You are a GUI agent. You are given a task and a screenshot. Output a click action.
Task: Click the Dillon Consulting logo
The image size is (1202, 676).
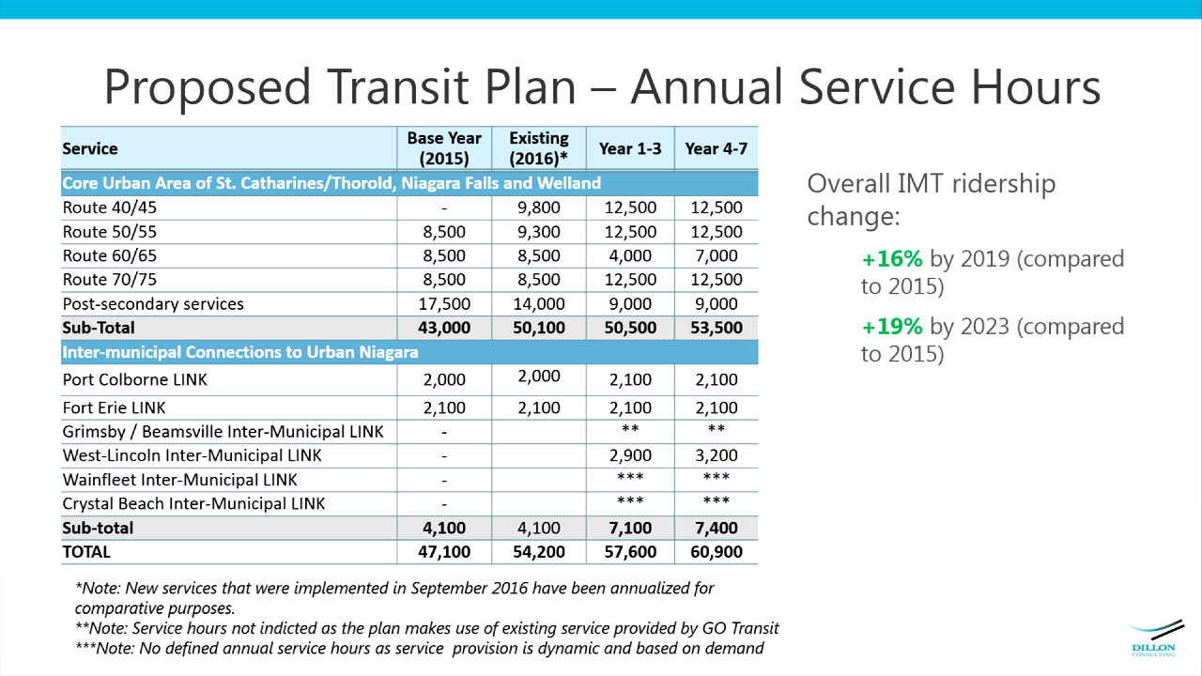(x=1155, y=638)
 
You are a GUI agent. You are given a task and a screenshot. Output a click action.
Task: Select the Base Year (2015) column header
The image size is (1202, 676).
(x=444, y=148)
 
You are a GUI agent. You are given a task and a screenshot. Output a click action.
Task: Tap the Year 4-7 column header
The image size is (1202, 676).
(x=716, y=148)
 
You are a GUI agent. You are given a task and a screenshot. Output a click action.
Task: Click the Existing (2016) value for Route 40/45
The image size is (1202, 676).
(x=539, y=207)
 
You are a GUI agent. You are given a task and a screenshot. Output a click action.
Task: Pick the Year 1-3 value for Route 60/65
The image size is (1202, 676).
(x=630, y=255)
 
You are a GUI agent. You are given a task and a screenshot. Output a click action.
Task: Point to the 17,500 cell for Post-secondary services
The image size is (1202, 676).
(x=444, y=303)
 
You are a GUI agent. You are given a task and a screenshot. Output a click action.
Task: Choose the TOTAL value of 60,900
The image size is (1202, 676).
(x=717, y=551)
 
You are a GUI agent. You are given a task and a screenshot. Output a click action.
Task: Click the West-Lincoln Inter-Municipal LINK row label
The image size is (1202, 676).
(x=192, y=455)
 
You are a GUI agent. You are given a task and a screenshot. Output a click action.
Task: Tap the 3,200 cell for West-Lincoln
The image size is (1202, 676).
(x=717, y=455)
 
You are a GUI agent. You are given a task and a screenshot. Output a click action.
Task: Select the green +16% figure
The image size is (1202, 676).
(x=892, y=258)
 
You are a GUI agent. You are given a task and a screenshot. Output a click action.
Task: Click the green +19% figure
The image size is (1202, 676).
(x=892, y=326)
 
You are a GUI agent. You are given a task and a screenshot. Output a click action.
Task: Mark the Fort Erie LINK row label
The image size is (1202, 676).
(x=114, y=407)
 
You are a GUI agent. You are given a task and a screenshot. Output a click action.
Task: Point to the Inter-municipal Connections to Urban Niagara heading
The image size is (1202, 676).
(x=239, y=352)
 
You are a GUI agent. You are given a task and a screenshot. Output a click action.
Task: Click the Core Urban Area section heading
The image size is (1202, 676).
(x=331, y=183)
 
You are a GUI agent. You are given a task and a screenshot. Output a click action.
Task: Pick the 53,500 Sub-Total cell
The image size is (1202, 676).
(x=717, y=328)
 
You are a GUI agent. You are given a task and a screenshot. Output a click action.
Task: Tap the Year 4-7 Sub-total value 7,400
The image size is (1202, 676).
(x=717, y=528)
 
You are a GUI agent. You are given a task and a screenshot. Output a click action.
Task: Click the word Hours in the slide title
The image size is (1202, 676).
(x=1036, y=86)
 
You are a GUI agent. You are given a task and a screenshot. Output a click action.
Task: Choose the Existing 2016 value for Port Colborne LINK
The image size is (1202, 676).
(x=539, y=376)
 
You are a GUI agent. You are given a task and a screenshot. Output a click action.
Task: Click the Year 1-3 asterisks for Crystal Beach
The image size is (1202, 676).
(x=630, y=500)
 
